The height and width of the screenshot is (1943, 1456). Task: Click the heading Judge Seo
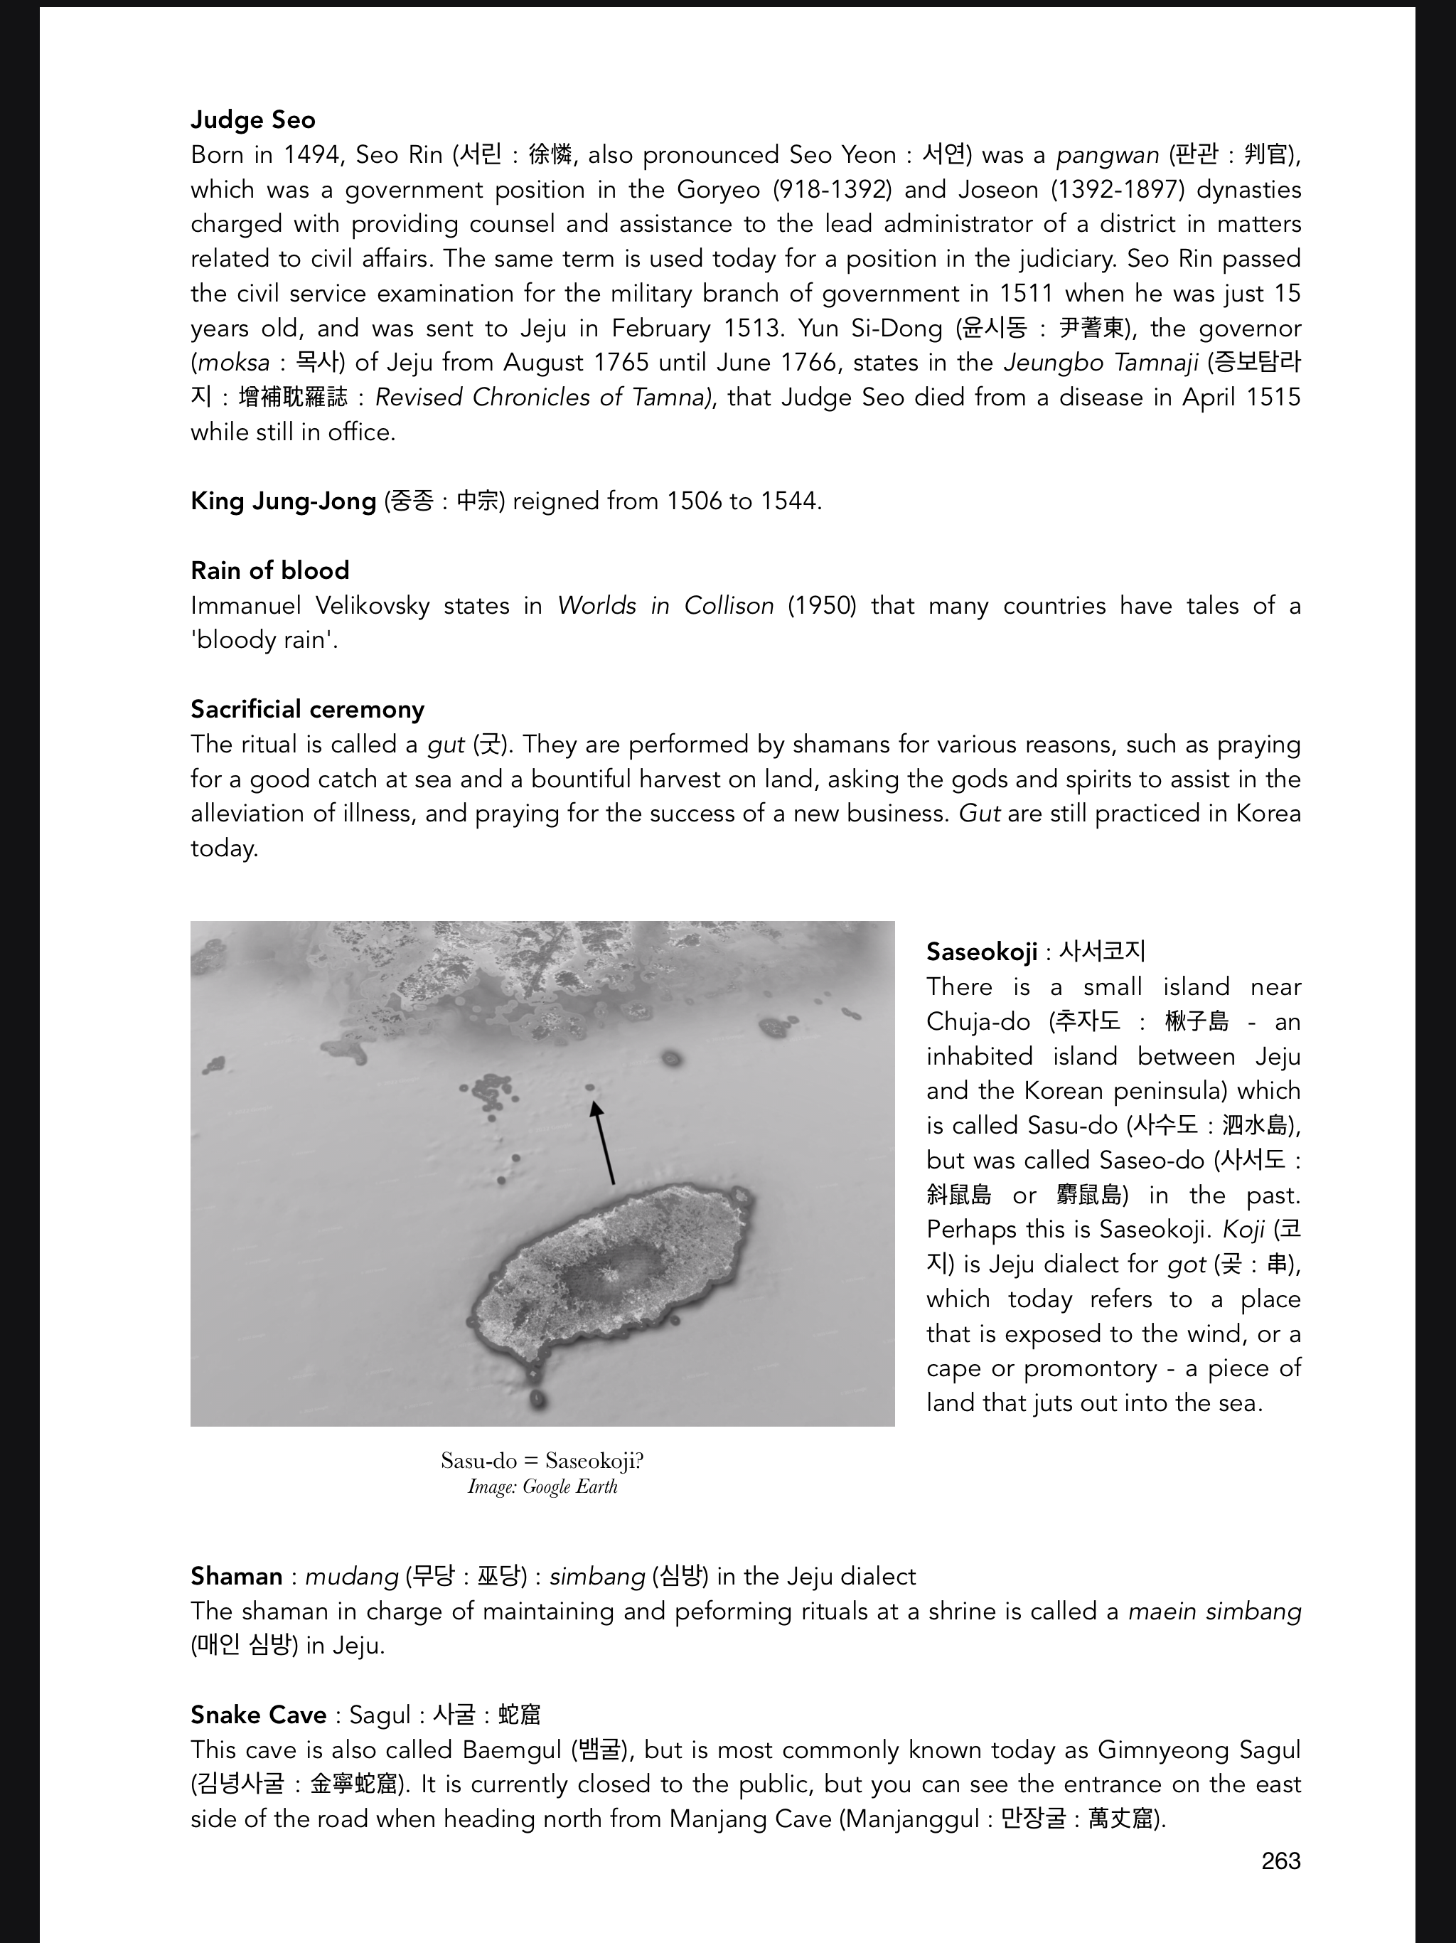click(x=253, y=119)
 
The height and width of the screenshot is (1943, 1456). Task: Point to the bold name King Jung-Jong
click(x=283, y=501)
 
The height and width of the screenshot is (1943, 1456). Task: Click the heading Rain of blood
click(x=269, y=570)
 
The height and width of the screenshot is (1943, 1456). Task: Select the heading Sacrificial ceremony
click(x=307, y=709)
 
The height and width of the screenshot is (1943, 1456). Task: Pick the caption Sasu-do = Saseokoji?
click(x=542, y=1460)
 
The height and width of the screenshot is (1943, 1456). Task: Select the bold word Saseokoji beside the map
click(x=981, y=952)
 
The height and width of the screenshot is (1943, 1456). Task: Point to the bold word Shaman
click(x=236, y=1576)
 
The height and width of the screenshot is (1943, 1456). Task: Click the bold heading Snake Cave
click(x=258, y=1715)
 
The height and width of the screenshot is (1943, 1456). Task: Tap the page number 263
click(x=1280, y=1861)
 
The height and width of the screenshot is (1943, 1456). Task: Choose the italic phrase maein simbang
click(x=1214, y=1611)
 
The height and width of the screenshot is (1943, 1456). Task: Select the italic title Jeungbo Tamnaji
click(x=1101, y=363)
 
